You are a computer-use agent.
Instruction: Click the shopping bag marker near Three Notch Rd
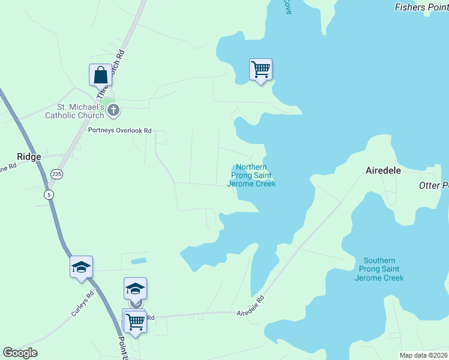tap(100, 76)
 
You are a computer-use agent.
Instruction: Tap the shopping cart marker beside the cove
tap(261, 70)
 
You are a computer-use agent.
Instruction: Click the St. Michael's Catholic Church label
tap(74, 111)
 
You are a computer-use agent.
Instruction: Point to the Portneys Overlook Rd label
tap(119, 130)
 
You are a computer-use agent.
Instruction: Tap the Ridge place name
tap(29, 157)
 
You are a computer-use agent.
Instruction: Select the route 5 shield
tap(48, 194)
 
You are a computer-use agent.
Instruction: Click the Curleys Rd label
tap(83, 304)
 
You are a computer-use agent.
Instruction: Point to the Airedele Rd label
tap(250, 306)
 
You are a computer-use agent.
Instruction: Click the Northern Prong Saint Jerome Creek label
tap(252, 175)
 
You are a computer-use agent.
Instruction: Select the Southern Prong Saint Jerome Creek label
tap(379, 269)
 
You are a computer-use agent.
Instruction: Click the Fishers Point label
tap(421, 7)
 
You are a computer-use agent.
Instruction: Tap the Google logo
tap(20, 353)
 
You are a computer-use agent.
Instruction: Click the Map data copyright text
tap(423, 355)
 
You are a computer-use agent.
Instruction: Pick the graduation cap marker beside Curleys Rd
tap(81, 267)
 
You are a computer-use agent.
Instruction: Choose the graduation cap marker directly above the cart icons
tap(135, 289)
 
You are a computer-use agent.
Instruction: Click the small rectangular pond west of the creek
tap(138, 261)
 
